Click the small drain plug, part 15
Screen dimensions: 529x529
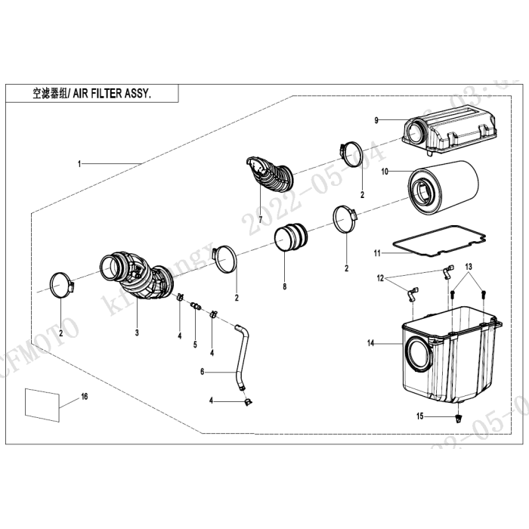tap(459, 416)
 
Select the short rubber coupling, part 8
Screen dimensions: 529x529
tap(290, 237)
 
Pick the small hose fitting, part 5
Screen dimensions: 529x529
tap(195, 306)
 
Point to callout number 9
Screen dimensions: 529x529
tap(376, 121)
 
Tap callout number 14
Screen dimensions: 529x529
tap(370, 344)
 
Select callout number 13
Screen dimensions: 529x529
tap(468, 268)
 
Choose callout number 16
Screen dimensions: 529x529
tap(84, 396)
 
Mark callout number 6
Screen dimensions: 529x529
tap(203, 372)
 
